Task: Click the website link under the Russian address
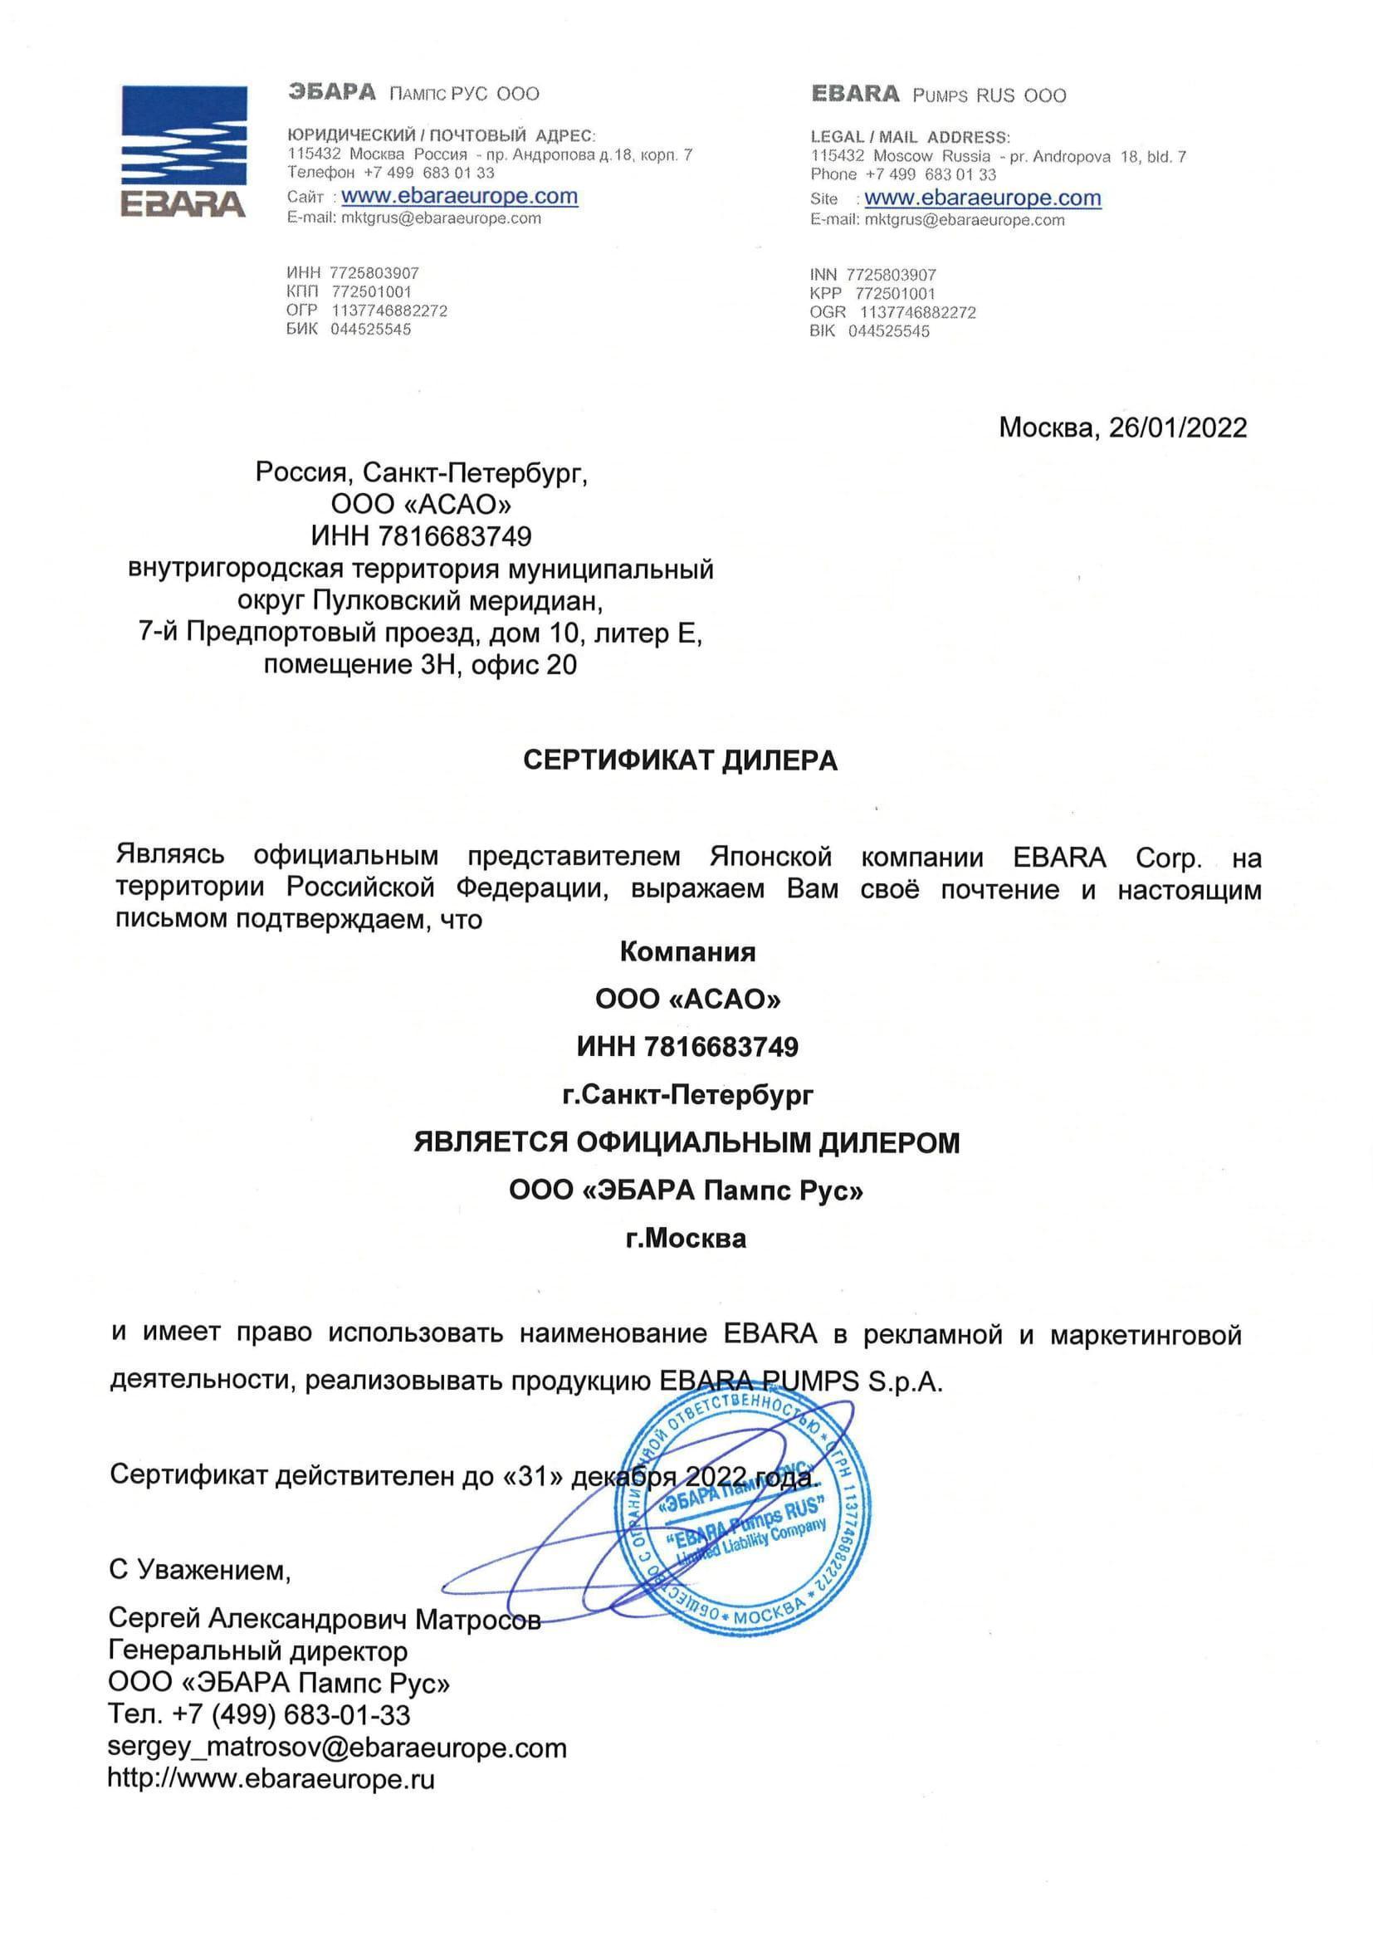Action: pos(459,196)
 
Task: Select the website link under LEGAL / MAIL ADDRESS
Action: pos(982,198)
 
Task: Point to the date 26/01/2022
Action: pos(1177,427)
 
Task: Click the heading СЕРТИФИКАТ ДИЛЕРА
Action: pos(680,760)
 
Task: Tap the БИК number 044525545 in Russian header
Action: pos(370,329)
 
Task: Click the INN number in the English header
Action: pos(891,275)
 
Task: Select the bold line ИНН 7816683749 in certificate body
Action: pos(686,1047)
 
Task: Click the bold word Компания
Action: pos(686,952)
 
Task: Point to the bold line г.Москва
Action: pos(686,1239)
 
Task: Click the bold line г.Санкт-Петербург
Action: pos(686,1095)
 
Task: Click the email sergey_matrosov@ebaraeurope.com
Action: pos(336,1748)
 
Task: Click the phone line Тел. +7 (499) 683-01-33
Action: pos(259,1715)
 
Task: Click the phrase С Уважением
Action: pos(199,1570)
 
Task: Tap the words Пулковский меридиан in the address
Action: pos(457,601)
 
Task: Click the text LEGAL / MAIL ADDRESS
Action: pos(910,137)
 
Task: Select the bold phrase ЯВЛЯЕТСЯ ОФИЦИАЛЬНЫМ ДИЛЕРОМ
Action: pos(686,1143)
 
